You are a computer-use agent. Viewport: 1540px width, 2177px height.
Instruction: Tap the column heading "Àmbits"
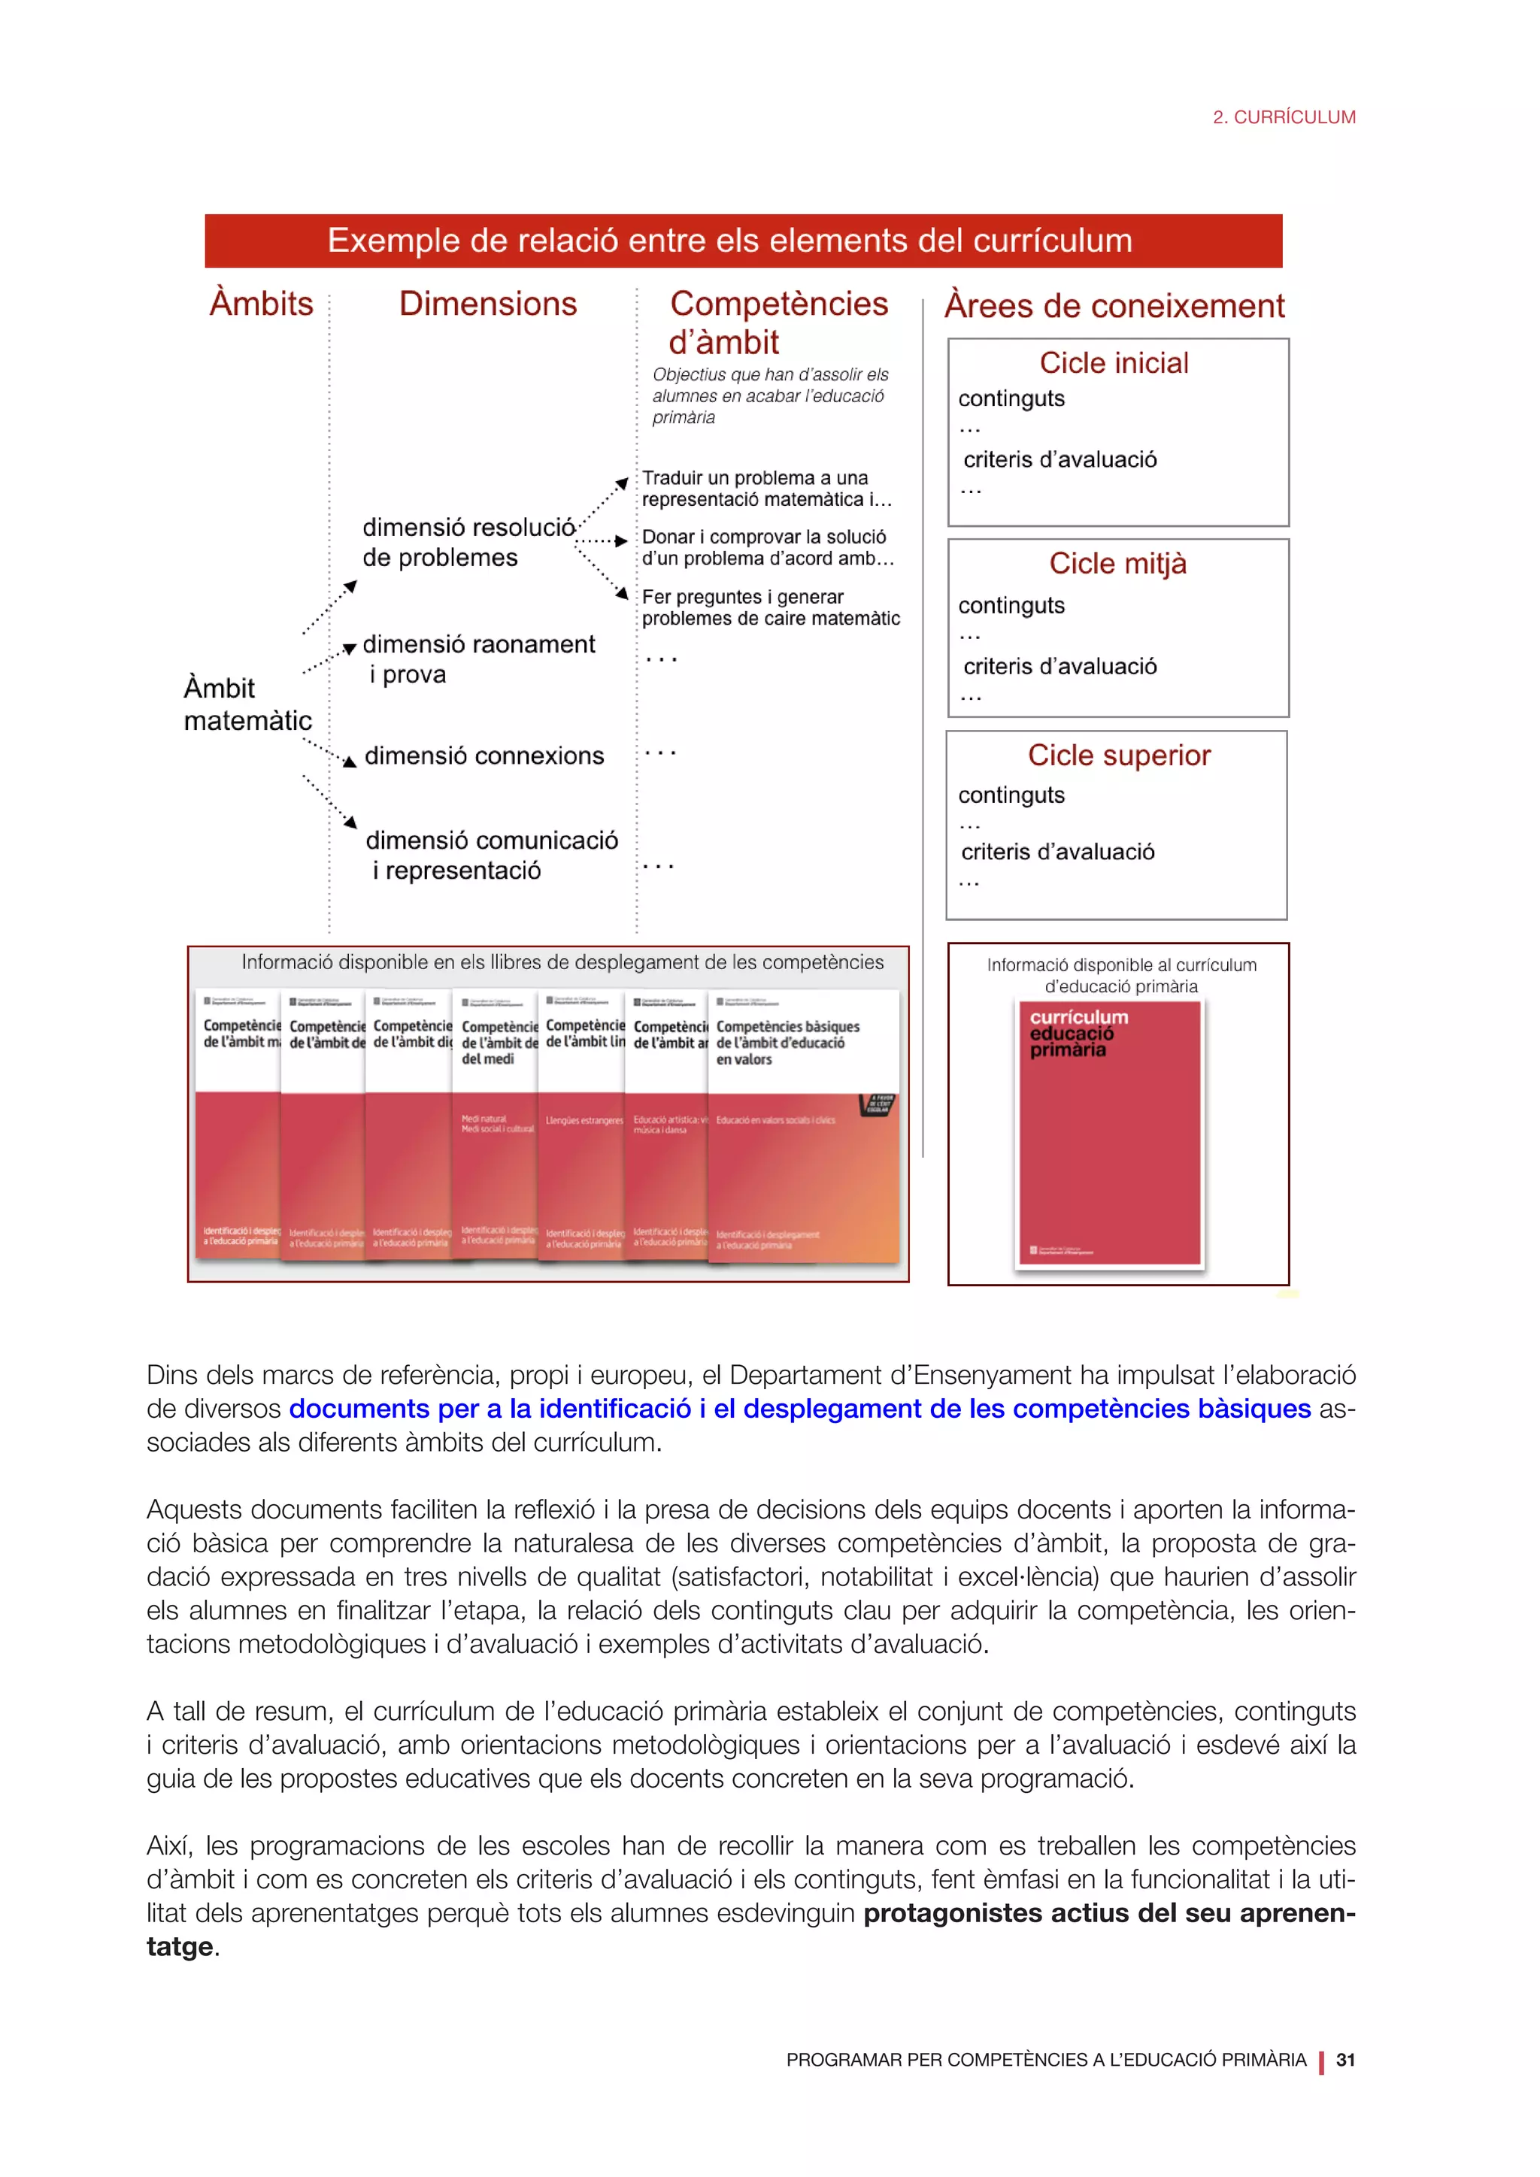pos(261,304)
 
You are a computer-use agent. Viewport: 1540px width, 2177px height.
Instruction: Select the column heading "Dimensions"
pos(487,304)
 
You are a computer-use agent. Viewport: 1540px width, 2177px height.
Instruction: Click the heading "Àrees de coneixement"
pos(1114,306)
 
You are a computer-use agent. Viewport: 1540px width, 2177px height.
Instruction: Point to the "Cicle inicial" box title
pos(1114,363)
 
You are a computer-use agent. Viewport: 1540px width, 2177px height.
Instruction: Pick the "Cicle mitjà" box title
pos(1117,563)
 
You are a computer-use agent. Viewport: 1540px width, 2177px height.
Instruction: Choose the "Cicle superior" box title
pos(1119,755)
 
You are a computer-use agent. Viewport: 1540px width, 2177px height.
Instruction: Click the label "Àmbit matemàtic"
pos(247,704)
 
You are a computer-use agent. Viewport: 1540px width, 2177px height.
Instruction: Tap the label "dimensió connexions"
pos(484,755)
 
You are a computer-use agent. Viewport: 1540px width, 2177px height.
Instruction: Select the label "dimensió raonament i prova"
pos(478,659)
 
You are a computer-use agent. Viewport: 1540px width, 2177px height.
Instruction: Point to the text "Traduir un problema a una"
pos(755,478)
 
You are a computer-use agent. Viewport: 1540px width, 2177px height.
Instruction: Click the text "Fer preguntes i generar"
pos(742,596)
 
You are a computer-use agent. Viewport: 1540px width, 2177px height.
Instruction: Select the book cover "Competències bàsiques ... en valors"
pos(802,1128)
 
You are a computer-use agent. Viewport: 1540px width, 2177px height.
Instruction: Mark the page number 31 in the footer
pos(1344,2060)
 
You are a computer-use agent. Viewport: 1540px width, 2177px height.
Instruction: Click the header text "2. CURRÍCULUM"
pos(1284,117)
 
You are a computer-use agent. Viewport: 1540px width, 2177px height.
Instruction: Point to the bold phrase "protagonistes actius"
pos(996,1913)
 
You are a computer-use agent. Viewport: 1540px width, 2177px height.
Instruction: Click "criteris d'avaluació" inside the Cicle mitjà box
pos(1060,667)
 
